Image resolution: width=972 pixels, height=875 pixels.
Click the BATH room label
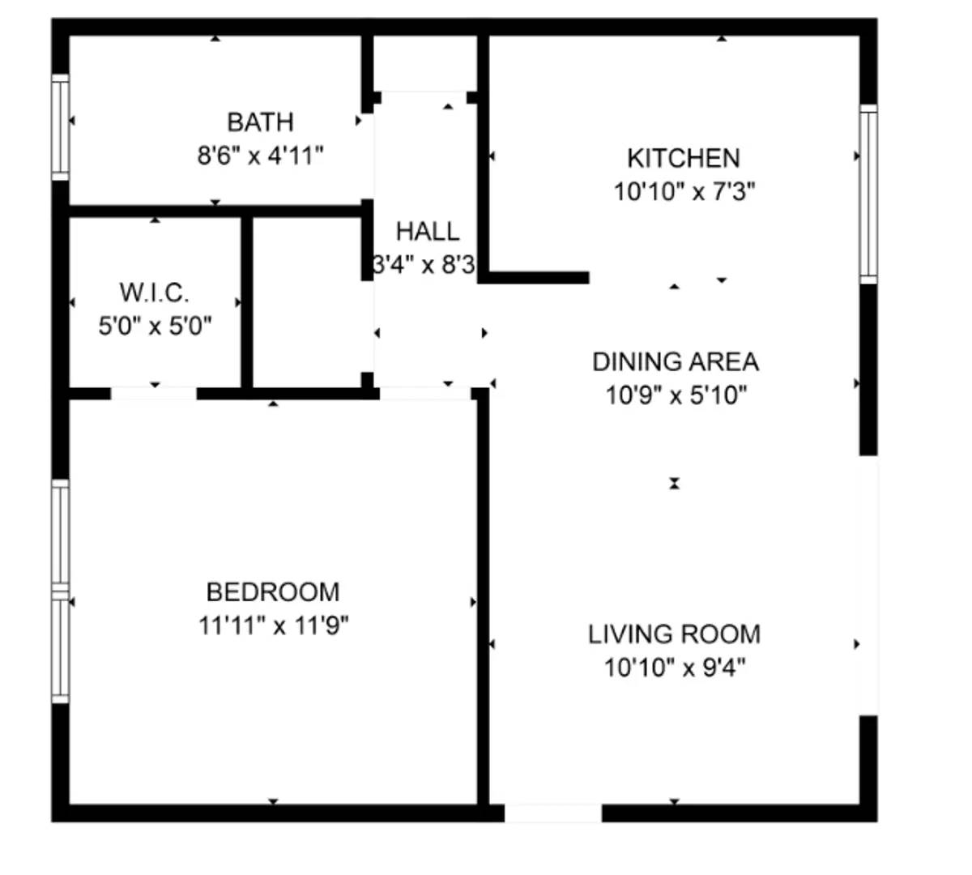(x=260, y=122)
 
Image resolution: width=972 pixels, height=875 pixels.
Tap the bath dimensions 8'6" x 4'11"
(x=260, y=155)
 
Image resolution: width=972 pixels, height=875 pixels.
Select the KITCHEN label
(x=683, y=157)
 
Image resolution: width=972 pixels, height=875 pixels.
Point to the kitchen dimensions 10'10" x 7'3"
(x=684, y=192)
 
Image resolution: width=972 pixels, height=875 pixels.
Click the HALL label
(x=427, y=232)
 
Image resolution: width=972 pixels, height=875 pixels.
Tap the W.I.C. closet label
(x=154, y=292)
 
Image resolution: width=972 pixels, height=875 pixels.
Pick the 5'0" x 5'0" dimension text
(x=155, y=326)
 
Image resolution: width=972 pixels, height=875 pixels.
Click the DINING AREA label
(x=676, y=361)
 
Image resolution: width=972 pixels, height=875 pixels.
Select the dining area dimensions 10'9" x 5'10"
(x=676, y=395)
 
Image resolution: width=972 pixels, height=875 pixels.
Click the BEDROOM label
(x=273, y=591)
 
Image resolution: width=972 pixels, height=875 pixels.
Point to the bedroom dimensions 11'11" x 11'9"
(x=273, y=625)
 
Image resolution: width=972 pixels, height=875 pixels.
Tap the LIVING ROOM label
(x=674, y=634)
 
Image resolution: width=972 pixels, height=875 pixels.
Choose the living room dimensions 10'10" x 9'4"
(x=674, y=668)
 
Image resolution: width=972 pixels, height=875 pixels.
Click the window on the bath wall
(x=60, y=126)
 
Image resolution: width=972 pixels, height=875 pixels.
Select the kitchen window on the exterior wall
(x=868, y=194)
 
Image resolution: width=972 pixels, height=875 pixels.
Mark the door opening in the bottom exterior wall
(x=553, y=813)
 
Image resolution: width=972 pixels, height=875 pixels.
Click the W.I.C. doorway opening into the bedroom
(x=154, y=394)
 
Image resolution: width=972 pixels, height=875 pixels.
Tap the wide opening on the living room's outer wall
(x=868, y=585)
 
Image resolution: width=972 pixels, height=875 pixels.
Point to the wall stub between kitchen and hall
(x=535, y=278)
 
